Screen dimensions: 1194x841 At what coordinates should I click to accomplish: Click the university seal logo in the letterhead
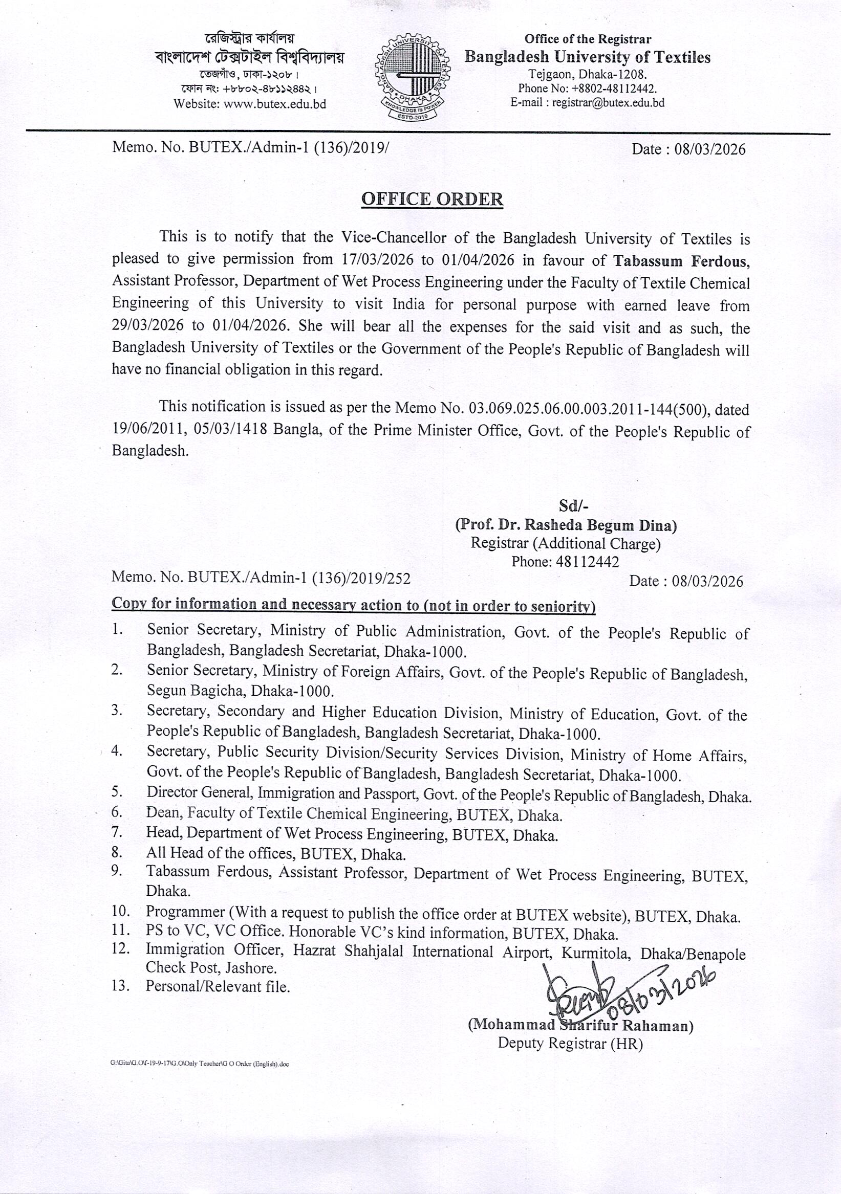[410, 78]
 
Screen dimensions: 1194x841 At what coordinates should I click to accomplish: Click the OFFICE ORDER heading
[432, 199]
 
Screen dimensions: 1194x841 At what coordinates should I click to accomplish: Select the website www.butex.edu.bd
[274, 104]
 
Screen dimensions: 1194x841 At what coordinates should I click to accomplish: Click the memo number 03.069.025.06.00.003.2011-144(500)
[588, 410]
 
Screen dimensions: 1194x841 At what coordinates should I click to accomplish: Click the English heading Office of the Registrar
[588, 39]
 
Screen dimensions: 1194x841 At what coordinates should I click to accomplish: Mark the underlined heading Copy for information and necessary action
[354, 604]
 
